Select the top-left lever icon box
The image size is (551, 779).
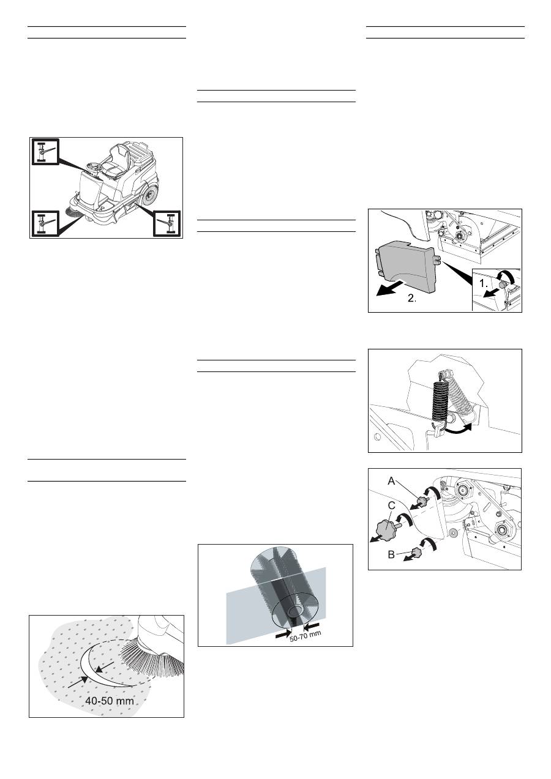(45, 152)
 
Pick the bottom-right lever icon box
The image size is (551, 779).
(167, 223)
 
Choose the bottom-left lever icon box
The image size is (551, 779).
(45, 223)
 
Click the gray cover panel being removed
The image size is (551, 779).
(405, 267)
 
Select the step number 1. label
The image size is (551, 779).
(484, 283)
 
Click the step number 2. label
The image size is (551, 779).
(412, 299)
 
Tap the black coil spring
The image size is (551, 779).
(440, 401)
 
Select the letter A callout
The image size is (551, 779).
(392, 481)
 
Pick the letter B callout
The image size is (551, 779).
(391, 554)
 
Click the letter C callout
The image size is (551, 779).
(392, 505)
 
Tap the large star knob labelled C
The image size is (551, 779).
(387, 531)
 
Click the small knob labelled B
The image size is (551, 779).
(417, 551)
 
